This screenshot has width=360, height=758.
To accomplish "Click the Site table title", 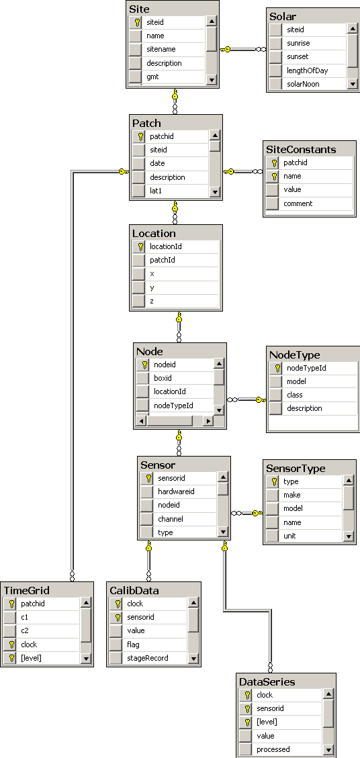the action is tap(139, 9).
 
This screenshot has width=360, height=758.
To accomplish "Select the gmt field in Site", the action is tap(152, 77).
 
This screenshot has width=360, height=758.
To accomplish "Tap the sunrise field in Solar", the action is tap(298, 43).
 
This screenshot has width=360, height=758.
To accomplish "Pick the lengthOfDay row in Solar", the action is tap(307, 70).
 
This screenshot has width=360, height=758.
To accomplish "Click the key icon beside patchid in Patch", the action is tap(141, 136).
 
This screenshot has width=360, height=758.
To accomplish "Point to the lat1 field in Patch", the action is tap(155, 191).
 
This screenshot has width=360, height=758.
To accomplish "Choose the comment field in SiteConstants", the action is tap(298, 203).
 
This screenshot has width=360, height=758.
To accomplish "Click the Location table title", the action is tap(154, 234).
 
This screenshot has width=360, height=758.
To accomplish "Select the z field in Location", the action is tap(152, 301).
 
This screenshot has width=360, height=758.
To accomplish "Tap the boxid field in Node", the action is tap(163, 378).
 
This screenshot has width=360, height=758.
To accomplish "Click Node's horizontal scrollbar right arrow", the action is tap(208, 421).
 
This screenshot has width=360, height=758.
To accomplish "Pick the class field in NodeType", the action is tap(295, 395).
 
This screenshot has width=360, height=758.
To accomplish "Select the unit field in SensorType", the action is tap(289, 536).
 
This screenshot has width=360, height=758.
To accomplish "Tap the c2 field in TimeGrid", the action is tap(25, 630).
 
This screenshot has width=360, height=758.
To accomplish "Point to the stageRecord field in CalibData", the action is tap(148, 658).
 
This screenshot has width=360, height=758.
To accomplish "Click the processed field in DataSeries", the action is tap(273, 749).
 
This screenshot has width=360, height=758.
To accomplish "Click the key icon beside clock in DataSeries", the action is tap(247, 695).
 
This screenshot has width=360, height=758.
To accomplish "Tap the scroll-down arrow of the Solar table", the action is tap(352, 84).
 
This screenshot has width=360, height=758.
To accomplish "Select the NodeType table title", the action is tap(295, 355).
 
